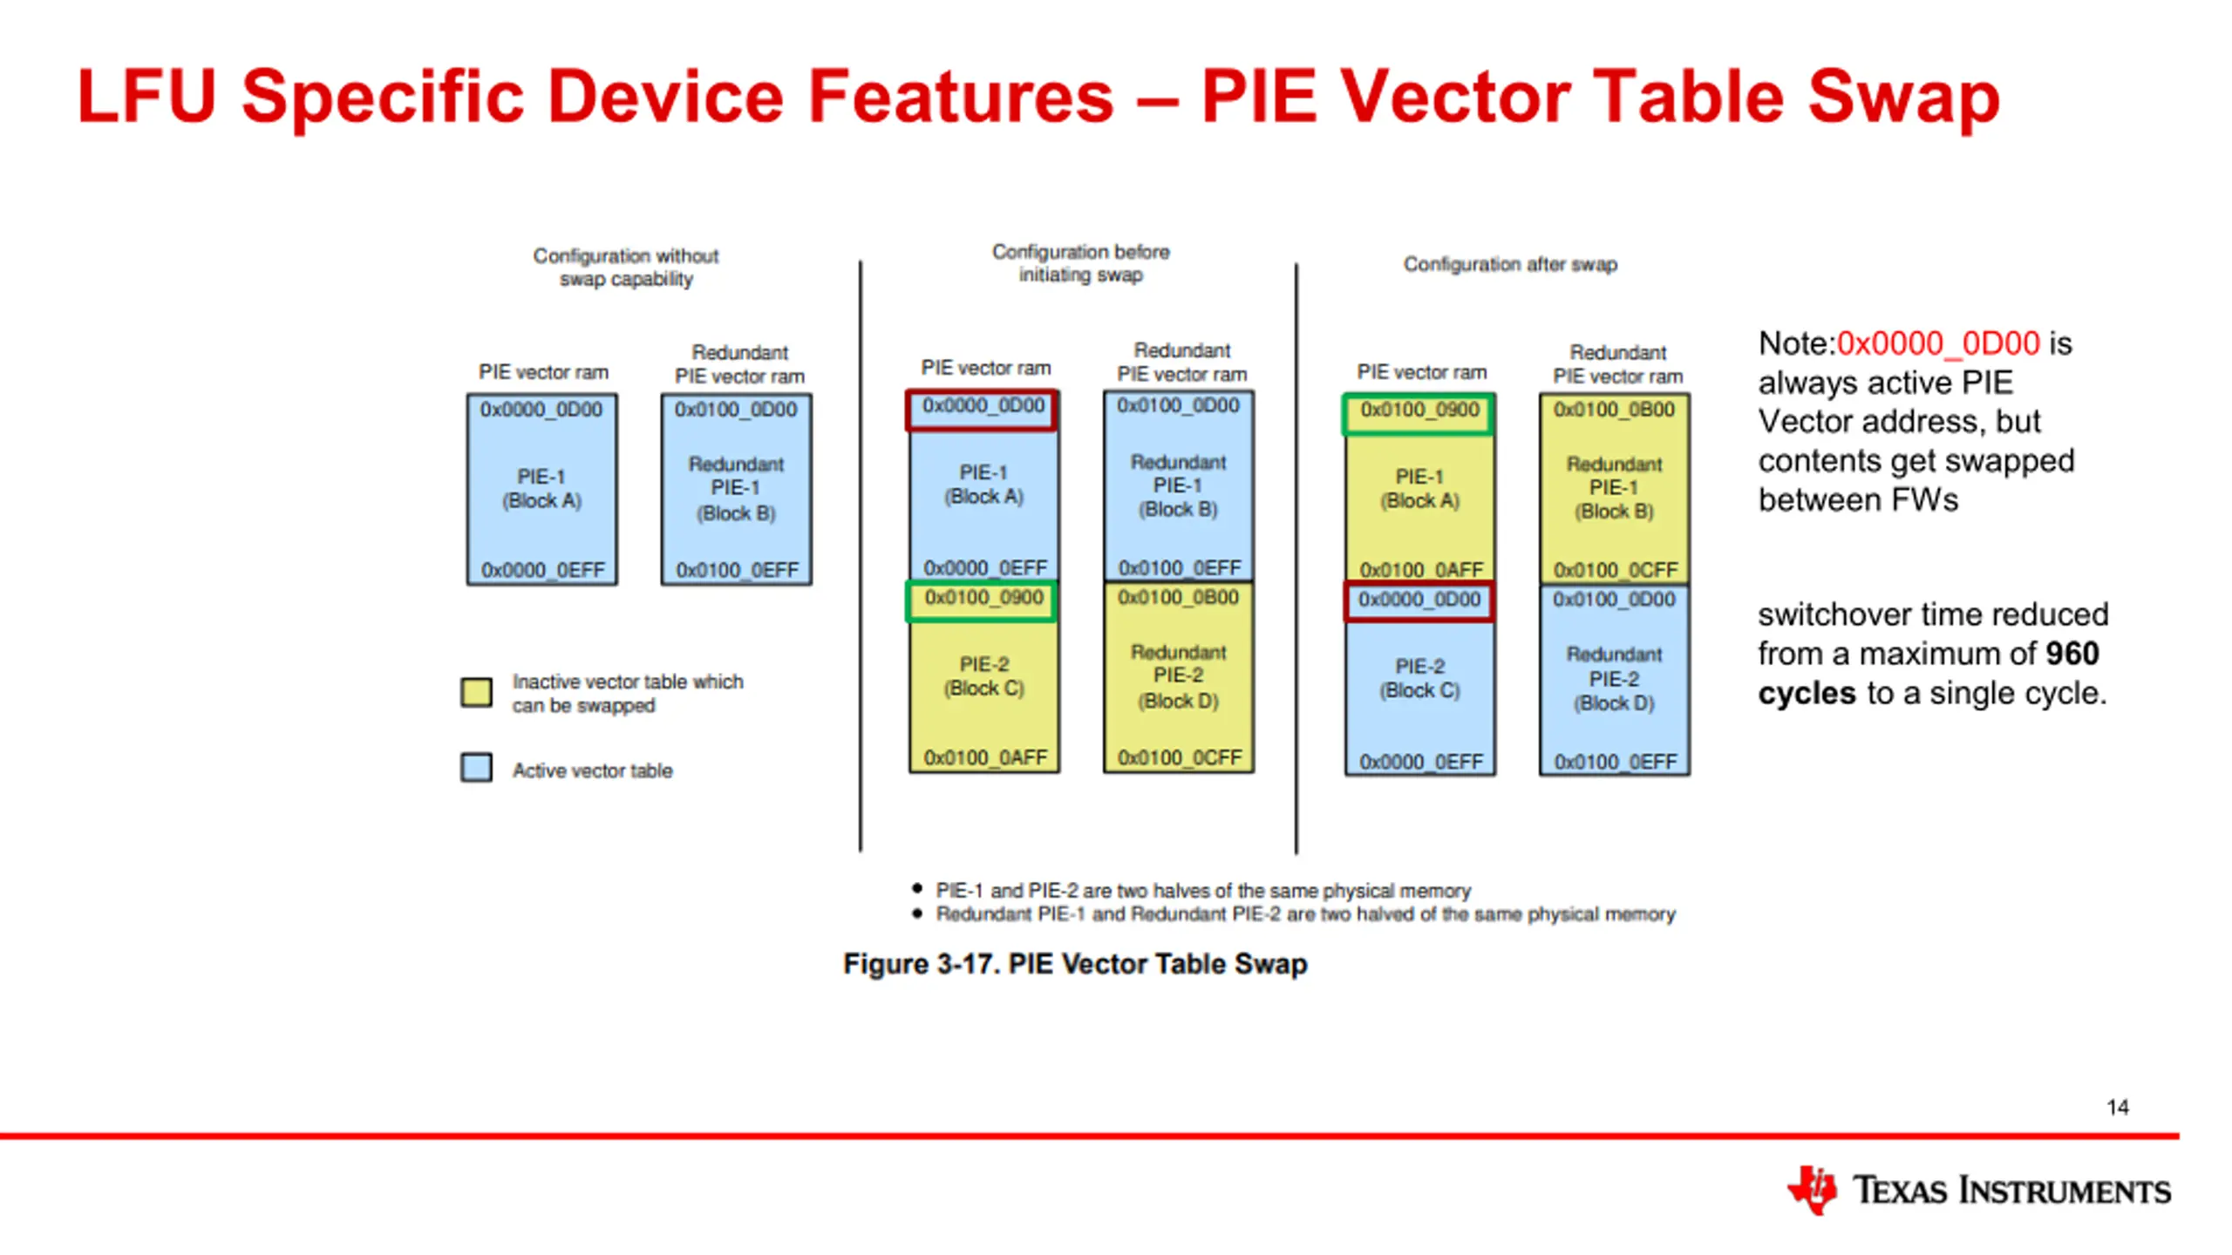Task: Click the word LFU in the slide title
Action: coord(146,96)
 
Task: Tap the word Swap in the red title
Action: coord(1903,98)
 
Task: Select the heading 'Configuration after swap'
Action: coord(1510,264)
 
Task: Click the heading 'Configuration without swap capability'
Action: coord(626,267)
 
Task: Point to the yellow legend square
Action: coord(476,692)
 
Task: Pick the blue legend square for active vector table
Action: coord(476,768)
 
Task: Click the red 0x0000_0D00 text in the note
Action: coord(1938,343)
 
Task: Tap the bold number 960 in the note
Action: coord(2072,654)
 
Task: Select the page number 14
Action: coord(2118,1108)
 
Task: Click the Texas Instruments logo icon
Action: coord(1812,1190)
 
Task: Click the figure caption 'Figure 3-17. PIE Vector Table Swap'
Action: coord(1075,964)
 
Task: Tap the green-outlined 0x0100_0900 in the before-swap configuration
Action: coord(983,598)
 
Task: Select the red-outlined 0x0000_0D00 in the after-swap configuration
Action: coord(1419,600)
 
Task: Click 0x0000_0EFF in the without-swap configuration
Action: coord(542,570)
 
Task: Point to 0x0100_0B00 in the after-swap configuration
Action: coord(1614,410)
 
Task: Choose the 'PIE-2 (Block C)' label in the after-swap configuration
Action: coord(1419,678)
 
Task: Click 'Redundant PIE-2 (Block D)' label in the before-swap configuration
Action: coord(1179,676)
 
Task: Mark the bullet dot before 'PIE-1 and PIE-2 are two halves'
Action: coord(916,889)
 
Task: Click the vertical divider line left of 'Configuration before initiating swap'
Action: coord(861,556)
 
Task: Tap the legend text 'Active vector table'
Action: coord(592,770)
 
